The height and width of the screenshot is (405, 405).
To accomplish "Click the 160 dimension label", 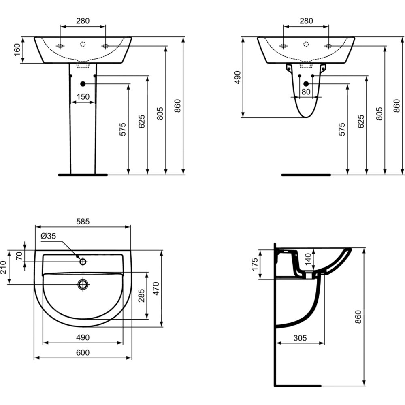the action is point(17,50).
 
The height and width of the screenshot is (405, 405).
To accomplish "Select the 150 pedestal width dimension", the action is point(83,97).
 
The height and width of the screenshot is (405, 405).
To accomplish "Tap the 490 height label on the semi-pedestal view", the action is point(237,77).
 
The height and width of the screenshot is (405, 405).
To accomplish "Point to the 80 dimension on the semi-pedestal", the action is point(306,92).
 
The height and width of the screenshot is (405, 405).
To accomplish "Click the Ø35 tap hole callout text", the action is point(48,236).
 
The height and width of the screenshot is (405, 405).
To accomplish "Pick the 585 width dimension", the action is point(83,222).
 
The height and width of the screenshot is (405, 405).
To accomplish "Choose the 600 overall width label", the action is point(83,352).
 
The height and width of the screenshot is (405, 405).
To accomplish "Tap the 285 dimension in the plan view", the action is point(141,296).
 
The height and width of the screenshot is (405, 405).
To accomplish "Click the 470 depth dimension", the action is point(156,288).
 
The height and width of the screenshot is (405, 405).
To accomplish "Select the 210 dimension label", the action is point(3,267).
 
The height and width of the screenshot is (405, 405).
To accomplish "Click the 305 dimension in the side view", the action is point(300,338).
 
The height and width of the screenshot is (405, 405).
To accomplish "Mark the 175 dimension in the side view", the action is point(255,264).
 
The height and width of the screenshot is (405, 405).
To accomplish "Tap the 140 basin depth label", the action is point(308,260).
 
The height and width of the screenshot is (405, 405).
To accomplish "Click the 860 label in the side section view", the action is point(358,317).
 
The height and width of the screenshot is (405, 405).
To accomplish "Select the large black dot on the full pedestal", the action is point(83,84).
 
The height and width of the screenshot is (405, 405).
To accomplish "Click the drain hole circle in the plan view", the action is point(83,284).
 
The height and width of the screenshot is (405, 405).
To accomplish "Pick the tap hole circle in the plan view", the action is point(83,262).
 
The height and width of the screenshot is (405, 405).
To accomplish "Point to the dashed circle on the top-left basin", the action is point(83,44).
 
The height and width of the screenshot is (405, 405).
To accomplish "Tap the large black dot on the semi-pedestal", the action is point(306,84).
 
